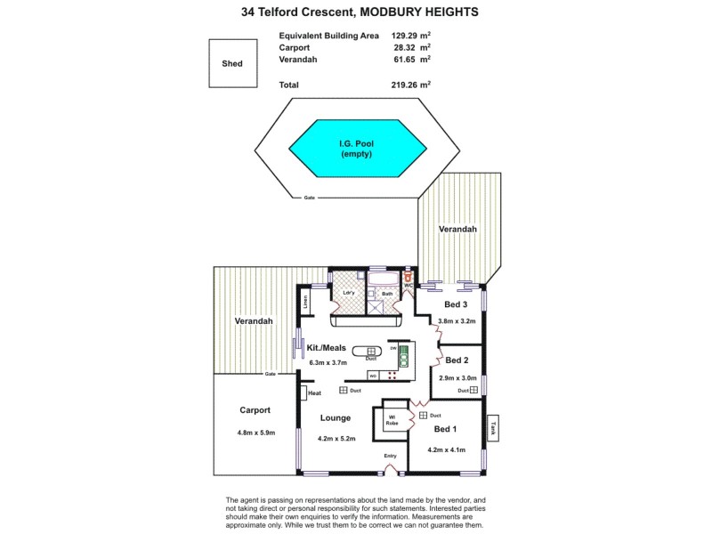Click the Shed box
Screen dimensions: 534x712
[x=231, y=64]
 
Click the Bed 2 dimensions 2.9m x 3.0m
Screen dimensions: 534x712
[x=457, y=377]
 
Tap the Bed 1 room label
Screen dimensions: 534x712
[x=445, y=429]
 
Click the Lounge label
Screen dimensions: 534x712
[x=335, y=417]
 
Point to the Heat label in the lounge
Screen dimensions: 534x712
[x=314, y=392]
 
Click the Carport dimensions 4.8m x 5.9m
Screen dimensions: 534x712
[x=255, y=433]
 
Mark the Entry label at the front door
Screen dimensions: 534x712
[x=390, y=457]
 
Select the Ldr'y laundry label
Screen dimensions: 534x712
[x=348, y=292]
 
